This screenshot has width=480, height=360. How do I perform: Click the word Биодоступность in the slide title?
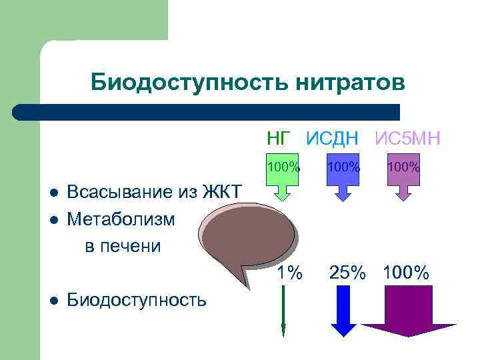[180, 83]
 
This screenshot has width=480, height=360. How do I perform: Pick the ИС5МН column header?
[407, 139]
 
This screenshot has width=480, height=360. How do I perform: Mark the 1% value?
[289, 273]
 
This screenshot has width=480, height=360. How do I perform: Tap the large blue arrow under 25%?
[344, 310]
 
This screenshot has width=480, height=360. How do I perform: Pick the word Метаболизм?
[121, 219]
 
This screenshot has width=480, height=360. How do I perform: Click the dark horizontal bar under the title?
[207, 112]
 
